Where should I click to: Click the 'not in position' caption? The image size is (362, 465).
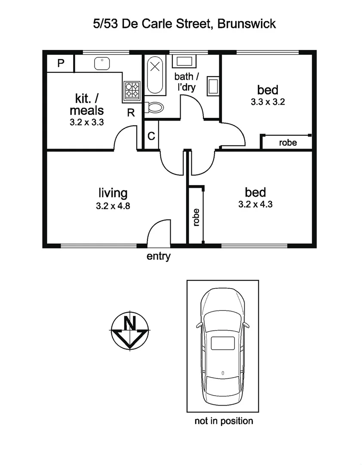tap(224, 421)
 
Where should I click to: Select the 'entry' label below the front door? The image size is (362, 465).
tap(159, 257)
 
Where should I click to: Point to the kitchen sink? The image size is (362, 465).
tap(101, 63)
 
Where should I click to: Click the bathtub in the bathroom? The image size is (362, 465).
tap(155, 75)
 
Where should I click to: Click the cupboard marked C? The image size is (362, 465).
tap(151, 136)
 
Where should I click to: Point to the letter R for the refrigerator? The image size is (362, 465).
tap(131, 113)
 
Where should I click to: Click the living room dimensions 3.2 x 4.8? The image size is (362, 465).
tap(113, 206)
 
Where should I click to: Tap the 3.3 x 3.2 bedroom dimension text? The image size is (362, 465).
tap(268, 102)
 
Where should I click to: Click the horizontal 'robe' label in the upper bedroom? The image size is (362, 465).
tap(288, 143)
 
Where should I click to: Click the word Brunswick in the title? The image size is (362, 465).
tap(246, 24)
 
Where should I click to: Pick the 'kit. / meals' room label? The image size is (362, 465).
tap(86, 105)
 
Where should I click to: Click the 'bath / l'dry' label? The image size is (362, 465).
tap(187, 82)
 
